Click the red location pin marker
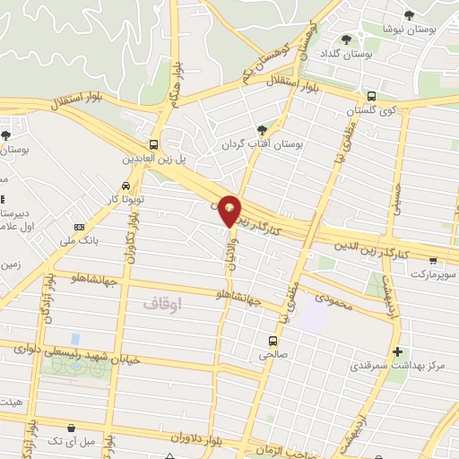(x=229, y=209)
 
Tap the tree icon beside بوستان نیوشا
(x=410, y=14)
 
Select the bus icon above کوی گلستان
(x=371, y=95)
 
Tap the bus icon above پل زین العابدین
(x=154, y=143)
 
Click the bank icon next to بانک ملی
(x=79, y=227)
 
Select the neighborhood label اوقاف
(x=161, y=304)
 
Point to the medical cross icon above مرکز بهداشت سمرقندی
(x=398, y=351)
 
